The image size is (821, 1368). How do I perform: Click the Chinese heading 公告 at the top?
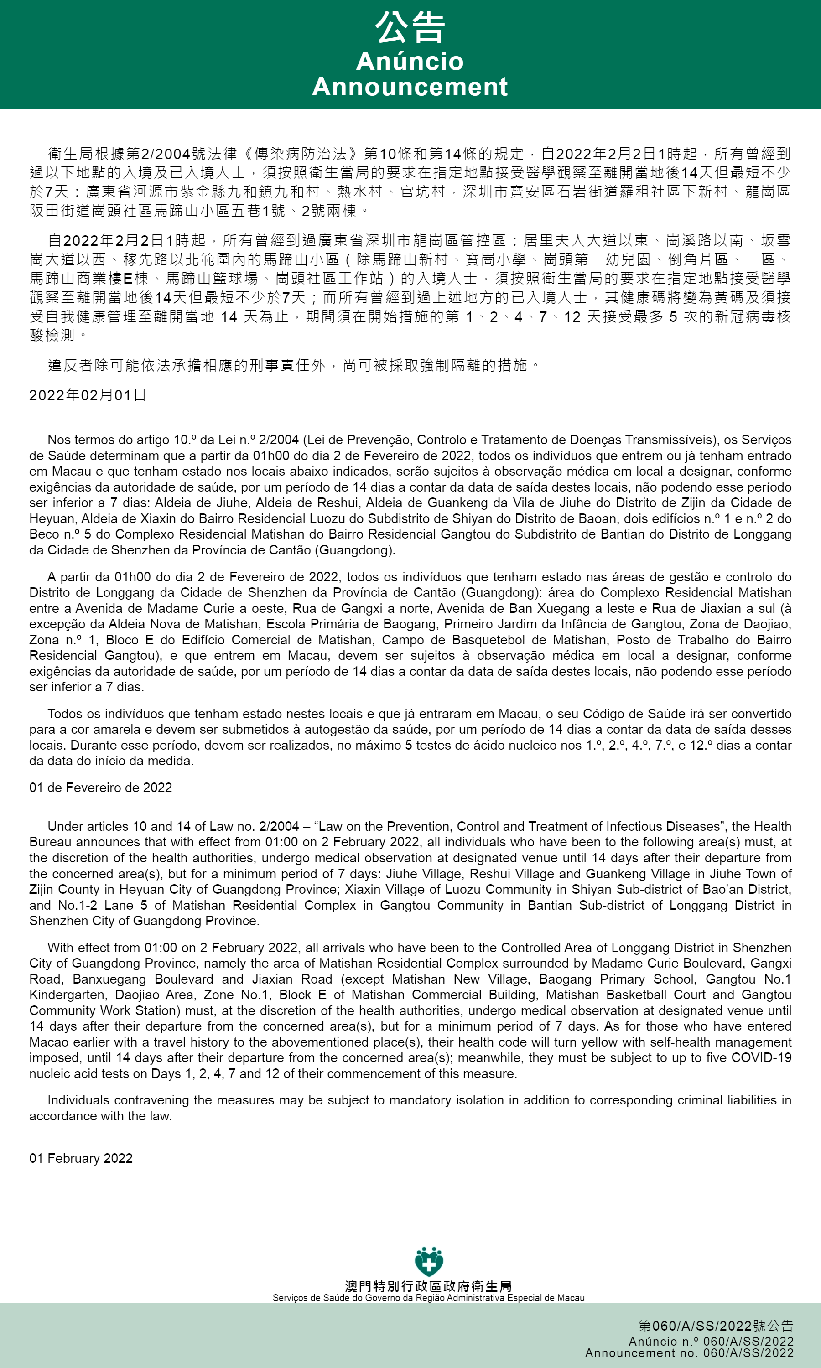click(410, 28)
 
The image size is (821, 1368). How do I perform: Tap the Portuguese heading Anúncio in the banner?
click(410, 61)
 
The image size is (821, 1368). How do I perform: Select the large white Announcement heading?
click(410, 87)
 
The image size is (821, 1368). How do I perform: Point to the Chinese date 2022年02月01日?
click(88, 395)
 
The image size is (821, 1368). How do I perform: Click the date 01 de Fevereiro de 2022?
click(101, 788)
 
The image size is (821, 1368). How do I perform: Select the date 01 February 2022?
click(81, 1158)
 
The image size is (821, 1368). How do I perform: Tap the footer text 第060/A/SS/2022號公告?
click(716, 1326)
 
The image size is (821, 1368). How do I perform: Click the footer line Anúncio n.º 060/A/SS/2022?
click(711, 1342)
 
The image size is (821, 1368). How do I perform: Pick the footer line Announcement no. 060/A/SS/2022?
click(689, 1353)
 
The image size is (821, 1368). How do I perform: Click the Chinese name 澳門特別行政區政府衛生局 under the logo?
click(428, 1287)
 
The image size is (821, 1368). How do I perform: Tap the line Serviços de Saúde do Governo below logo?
click(428, 1298)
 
